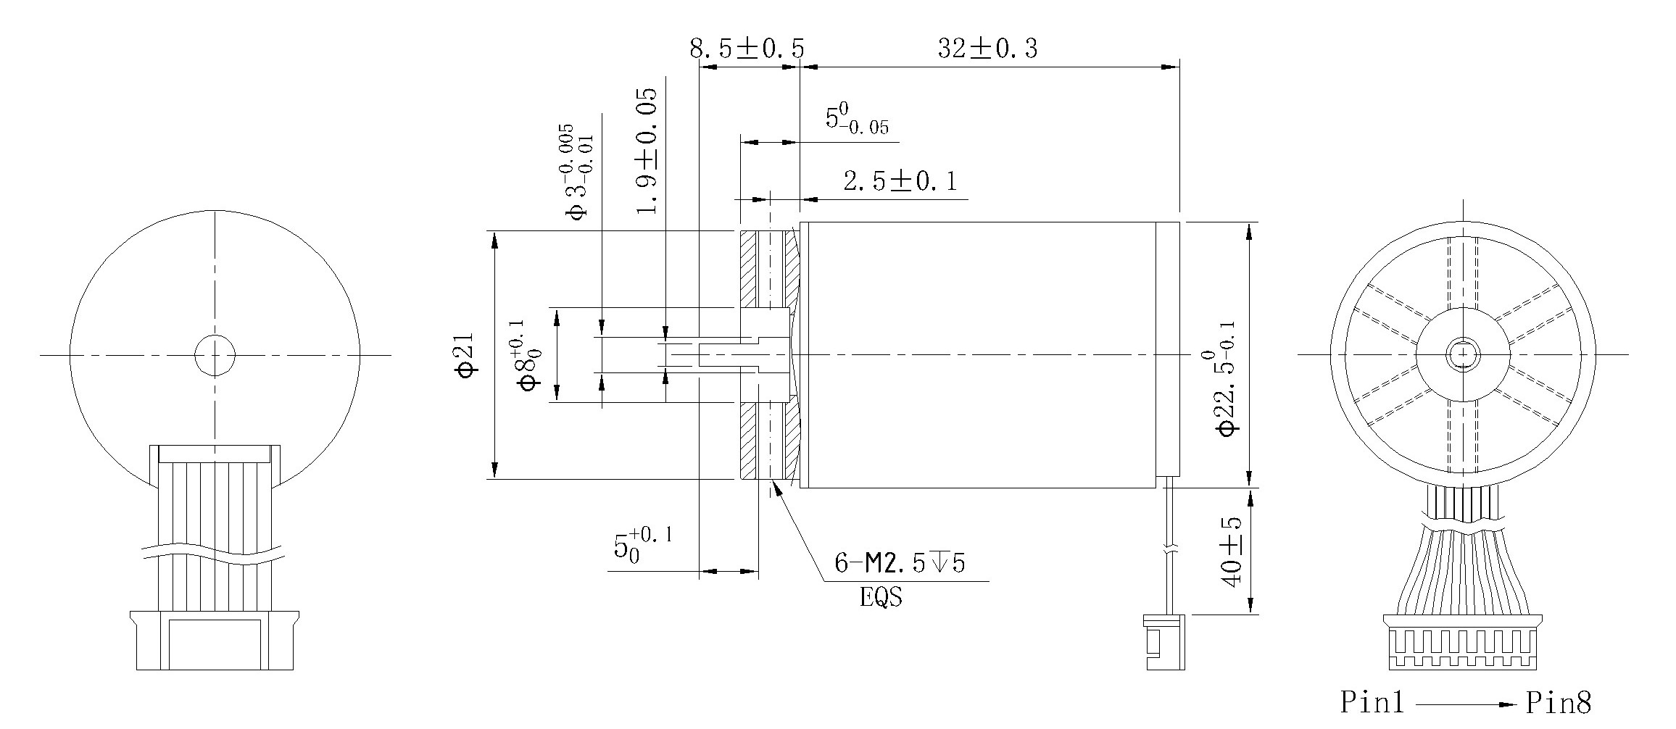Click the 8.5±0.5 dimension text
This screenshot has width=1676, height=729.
point(747,49)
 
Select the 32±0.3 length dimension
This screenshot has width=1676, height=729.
point(987,49)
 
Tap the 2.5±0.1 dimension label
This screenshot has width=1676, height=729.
point(900,181)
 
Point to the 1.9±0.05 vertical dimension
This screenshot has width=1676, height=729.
point(647,151)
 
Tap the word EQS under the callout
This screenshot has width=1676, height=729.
point(881,598)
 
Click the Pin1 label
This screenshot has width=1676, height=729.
point(1372,702)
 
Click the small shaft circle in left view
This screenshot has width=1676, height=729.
point(215,355)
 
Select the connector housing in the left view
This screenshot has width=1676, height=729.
point(215,641)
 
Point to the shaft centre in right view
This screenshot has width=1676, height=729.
point(1463,354)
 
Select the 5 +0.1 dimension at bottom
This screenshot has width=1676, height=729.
point(643,544)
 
